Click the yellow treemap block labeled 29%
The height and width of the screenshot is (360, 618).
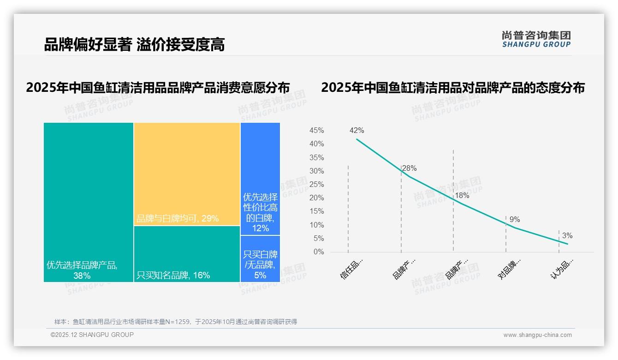pyautogui.click(x=187, y=174)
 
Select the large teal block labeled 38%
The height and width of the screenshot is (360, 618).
pyautogui.click(x=89, y=202)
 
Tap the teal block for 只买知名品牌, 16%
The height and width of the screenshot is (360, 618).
pyautogui.click(x=187, y=254)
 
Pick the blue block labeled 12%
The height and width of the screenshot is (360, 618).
pyautogui.click(x=260, y=179)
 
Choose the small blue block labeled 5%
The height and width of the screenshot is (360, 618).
pyautogui.click(x=260, y=259)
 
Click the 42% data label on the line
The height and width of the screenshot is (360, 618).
pyautogui.click(x=357, y=131)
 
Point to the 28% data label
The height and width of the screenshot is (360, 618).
pyautogui.click(x=410, y=168)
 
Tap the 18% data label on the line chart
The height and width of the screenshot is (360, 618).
pyautogui.click(x=462, y=196)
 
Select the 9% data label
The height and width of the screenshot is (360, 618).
pyautogui.click(x=515, y=220)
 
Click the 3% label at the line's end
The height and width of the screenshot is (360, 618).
pyautogui.click(x=567, y=236)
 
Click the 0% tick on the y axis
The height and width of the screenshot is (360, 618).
pyautogui.click(x=319, y=252)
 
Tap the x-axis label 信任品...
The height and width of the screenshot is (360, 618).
pyautogui.click(x=352, y=269)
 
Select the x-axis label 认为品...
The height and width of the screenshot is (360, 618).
pyautogui.click(x=562, y=269)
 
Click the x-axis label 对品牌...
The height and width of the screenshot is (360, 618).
pyautogui.click(x=510, y=269)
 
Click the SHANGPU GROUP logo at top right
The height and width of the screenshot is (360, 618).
pyautogui.click(x=536, y=39)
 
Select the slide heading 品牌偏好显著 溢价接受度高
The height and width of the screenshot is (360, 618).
pyautogui.click(x=134, y=45)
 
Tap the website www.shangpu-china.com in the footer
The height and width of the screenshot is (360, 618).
pyautogui.click(x=537, y=335)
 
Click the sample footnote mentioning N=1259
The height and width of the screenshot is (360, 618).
pyautogui.click(x=175, y=322)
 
